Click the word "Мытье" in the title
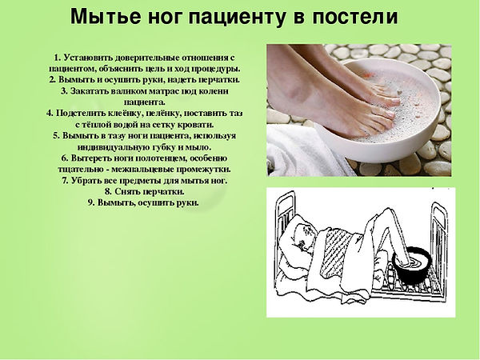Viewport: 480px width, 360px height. (106, 16)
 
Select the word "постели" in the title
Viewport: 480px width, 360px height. (354, 17)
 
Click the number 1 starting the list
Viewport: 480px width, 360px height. (57, 58)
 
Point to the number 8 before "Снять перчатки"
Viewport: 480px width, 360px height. (108, 192)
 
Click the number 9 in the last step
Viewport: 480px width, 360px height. (91, 202)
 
